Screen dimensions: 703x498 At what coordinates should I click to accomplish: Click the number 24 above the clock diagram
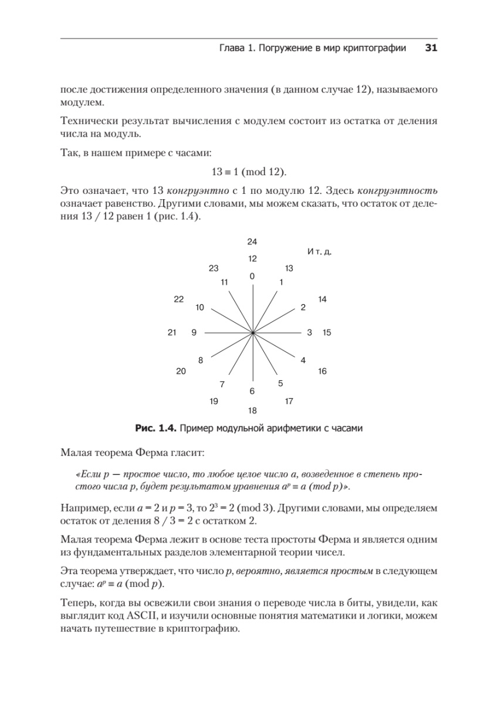point(252,242)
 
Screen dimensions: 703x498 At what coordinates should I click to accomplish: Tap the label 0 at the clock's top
point(252,276)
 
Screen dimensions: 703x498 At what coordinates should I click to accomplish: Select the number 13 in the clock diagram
point(289,268)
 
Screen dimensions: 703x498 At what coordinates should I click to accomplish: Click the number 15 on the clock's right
point(327,333)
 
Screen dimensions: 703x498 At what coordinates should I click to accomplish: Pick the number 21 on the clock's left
point(172,333)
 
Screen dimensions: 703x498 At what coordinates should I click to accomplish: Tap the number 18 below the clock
point(252,411)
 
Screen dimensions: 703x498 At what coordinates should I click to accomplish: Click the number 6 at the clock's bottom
point(252,391)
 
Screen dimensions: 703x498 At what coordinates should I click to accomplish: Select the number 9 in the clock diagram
point(194,333)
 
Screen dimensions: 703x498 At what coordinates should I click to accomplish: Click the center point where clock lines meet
point(252,333)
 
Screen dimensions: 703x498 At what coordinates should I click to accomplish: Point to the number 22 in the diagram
point(179,299)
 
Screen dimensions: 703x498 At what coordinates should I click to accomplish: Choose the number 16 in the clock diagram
point(322,371)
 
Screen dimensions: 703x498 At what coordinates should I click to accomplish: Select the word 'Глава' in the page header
point(223,49)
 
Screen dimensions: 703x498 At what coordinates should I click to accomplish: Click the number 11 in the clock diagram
point(224,282)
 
